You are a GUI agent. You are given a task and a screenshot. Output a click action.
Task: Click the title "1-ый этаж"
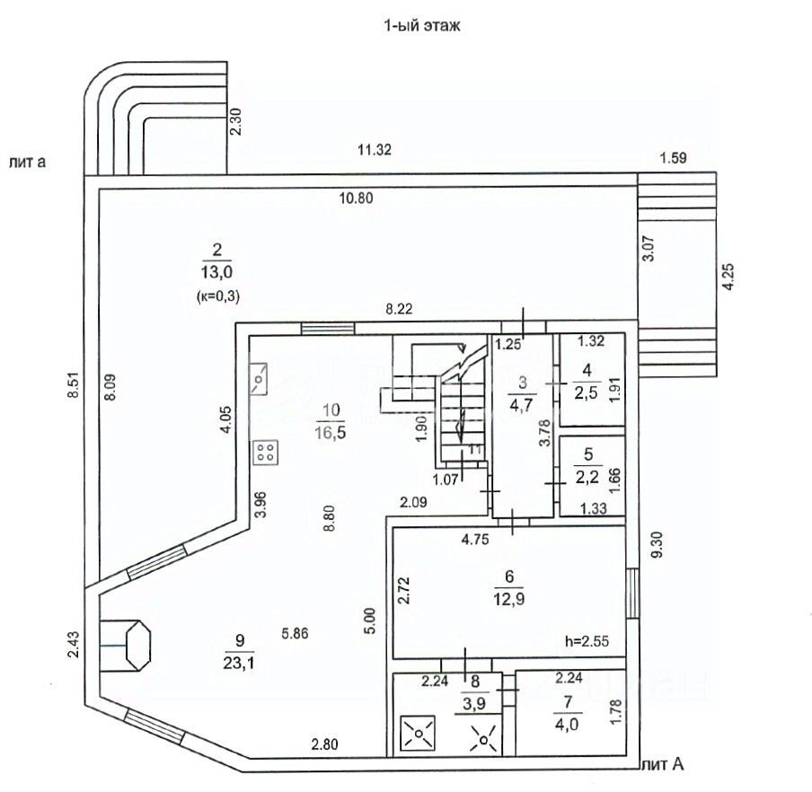tap(421, 26)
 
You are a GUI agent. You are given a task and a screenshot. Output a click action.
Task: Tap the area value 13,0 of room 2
tap(217, 272)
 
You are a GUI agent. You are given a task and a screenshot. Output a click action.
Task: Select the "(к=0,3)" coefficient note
tap(218, 296)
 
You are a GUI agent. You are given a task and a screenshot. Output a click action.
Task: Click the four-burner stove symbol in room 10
tap(266, 453)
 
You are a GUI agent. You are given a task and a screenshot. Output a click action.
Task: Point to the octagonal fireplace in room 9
tap(137, 645)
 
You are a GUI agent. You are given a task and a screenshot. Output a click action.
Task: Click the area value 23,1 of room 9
tap(239, 663)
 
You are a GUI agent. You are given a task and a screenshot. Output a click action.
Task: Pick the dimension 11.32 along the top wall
tap(375, 150)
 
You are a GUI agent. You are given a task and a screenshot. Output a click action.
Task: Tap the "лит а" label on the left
tap(27, 162)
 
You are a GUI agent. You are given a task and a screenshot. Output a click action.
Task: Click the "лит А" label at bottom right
tap(663, 763)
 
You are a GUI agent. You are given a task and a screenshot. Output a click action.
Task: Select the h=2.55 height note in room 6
tap(587, 641)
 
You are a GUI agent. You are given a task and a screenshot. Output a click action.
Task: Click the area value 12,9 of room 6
tap(509, 599)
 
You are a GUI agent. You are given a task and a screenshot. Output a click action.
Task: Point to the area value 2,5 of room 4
tap(587, 393)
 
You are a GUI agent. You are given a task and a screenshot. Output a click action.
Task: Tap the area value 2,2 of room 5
tap(587, 477)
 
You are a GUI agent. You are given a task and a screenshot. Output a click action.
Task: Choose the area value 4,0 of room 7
tap(567, 724)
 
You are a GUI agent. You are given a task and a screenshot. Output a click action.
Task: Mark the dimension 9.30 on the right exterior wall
tap(658, 546)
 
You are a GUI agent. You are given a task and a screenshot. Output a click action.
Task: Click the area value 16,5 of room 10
tap(331, 432)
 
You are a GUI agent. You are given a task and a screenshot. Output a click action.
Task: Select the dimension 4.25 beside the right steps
tap(728, 277)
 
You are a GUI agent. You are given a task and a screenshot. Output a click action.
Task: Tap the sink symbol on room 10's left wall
tap(259, 379)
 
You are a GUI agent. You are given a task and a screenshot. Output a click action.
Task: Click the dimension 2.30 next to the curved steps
tap(235, 121)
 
